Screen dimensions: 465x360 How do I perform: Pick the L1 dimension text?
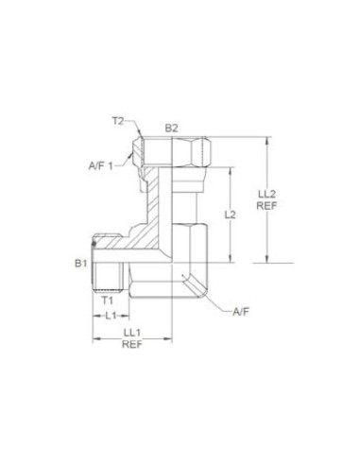[111, 314]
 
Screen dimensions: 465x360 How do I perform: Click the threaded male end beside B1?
[103, 265]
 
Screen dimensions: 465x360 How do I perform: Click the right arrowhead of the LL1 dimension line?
[167, 336]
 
